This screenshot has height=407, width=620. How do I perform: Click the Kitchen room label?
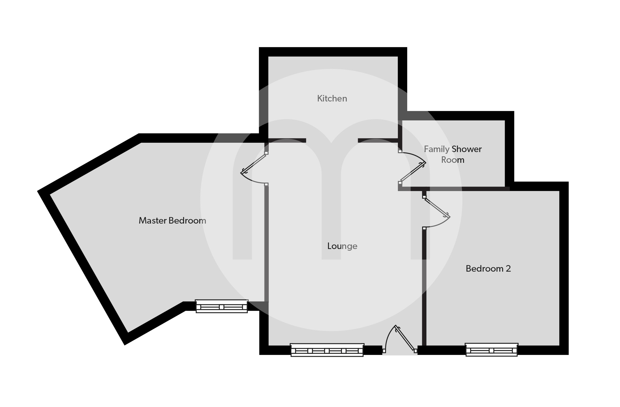pos(332,98)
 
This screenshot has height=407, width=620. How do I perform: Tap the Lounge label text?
pos(342,246)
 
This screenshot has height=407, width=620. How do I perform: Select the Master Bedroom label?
pos(172,220)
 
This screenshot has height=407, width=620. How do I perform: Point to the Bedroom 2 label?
pos(488,269)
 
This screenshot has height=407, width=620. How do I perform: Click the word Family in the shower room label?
pos(437,149)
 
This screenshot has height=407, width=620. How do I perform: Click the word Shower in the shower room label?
pos(467,149)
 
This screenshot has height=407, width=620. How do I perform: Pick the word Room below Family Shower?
pos(453,160)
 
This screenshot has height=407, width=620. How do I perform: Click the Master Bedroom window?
pos(222,306)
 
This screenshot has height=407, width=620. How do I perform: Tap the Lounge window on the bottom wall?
pos(327,350)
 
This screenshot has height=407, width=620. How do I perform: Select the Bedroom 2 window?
pos(491,350)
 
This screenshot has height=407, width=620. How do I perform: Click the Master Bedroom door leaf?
pos(254,163)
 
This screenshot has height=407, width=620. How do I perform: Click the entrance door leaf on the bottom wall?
pos(405,338)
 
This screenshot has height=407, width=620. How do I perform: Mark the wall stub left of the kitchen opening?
pos(287,140)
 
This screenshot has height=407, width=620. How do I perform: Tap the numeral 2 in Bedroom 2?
pos(508,269)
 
